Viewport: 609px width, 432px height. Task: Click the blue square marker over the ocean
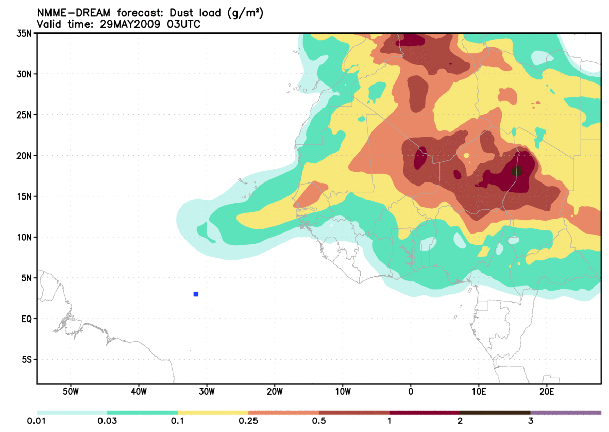196,294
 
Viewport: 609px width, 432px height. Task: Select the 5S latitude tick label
26,360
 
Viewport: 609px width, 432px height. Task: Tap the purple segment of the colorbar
566,412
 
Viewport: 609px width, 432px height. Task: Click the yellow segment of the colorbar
213,412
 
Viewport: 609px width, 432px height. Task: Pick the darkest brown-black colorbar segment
495,412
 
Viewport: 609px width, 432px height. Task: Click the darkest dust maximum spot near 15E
517,171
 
